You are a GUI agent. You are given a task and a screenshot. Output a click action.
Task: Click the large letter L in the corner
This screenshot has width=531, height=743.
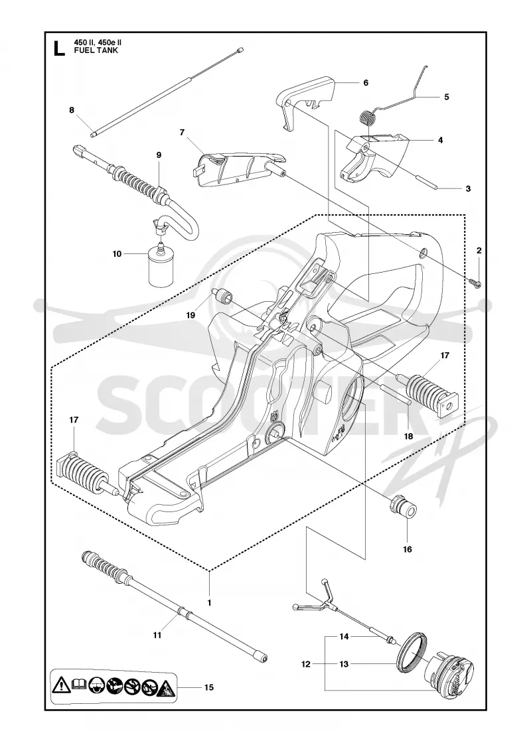tap(58, 48)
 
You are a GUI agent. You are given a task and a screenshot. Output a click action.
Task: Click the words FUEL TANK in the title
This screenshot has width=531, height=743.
tap(96, 50)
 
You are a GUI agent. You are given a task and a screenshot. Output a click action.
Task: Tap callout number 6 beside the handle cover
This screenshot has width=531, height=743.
tap(366, 82)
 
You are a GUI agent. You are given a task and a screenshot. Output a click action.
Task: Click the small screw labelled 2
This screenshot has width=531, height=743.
tap(477, 283)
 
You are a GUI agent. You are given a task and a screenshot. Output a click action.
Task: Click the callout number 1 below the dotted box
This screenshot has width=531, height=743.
tap(209, 603)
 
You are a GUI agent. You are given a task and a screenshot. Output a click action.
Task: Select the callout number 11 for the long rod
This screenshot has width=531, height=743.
tap(157, 635)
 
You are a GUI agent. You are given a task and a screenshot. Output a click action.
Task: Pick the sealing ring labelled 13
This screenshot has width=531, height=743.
tap(412, 651)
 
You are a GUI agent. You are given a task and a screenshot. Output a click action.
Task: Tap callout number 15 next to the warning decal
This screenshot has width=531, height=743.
tap(208, 687)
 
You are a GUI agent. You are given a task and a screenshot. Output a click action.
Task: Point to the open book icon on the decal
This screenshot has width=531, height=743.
tap(79, 685)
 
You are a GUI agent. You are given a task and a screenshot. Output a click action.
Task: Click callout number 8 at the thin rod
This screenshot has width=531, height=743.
tap(72, 110)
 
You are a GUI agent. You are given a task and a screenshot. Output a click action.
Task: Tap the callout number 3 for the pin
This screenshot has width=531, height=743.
tap(468, 188)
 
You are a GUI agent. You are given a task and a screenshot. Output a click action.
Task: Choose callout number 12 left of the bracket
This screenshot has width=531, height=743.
tap(306, 664)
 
